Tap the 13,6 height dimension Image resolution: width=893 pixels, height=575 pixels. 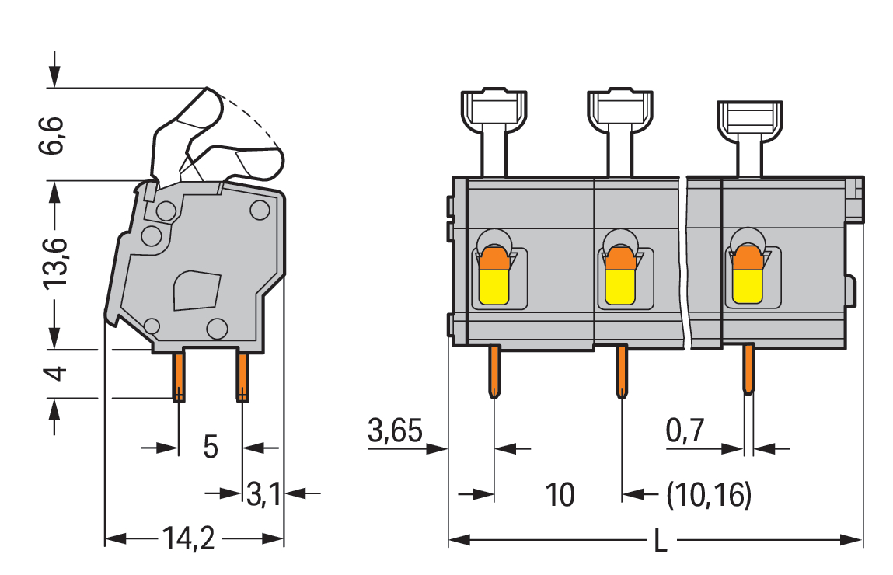[x=54, y=258]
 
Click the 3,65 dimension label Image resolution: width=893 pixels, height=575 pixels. [x=395, y=430]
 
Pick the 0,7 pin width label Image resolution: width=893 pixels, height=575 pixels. [x=685, y=430]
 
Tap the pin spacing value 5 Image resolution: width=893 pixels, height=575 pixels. [x=210, y=448]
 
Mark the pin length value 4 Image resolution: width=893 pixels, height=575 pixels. [x=54, y=374]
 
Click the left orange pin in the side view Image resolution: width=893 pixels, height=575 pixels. [x=179, y=376]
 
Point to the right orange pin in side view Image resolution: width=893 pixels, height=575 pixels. [x=242, y=376]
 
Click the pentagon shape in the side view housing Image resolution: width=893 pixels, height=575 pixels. [x=195, y=290]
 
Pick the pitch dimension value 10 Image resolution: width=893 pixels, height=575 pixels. [x=559, y=495]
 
